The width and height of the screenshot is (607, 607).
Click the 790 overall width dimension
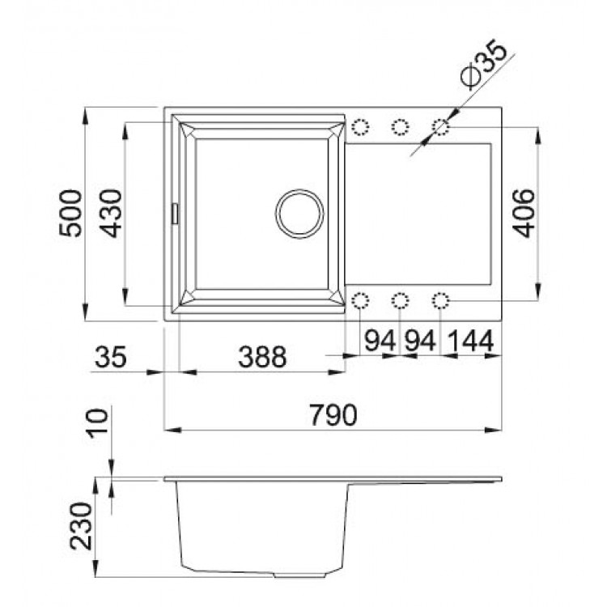tap(333, 414)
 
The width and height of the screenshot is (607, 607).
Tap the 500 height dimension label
tap(70, 213)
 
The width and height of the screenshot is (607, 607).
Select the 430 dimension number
tap(111, 213)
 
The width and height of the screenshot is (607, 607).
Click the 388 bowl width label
tap(262, 357)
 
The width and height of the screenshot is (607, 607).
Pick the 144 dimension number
tap(471, 341)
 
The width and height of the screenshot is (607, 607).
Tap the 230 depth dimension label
tap(81, 526)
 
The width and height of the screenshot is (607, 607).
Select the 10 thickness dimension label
tap(97, 423)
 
